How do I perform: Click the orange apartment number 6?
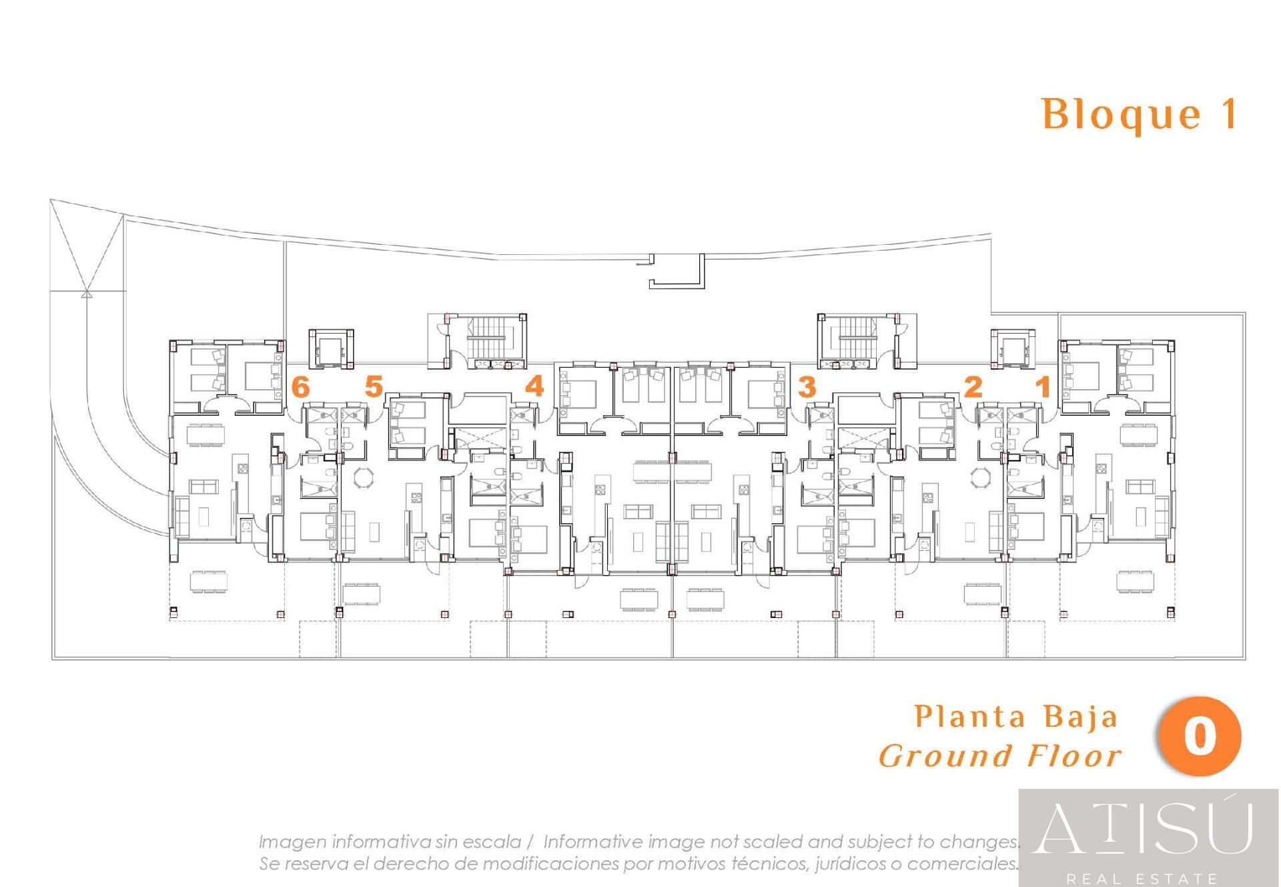coord(301,387)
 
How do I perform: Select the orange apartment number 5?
coord(374,386)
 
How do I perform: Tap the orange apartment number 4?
coord(534,386)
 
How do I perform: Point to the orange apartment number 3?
coord(807,386)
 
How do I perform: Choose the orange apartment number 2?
coord(973,386)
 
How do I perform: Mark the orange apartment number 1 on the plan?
coord(1043,386)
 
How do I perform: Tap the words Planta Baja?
coord(1015,717)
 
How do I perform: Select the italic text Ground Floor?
coord(1000,756)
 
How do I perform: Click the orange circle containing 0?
coord(1200,737)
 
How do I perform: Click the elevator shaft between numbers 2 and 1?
coord(1013,348)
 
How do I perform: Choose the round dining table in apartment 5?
coord(364,478)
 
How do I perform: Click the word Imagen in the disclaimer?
coord(294,842)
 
